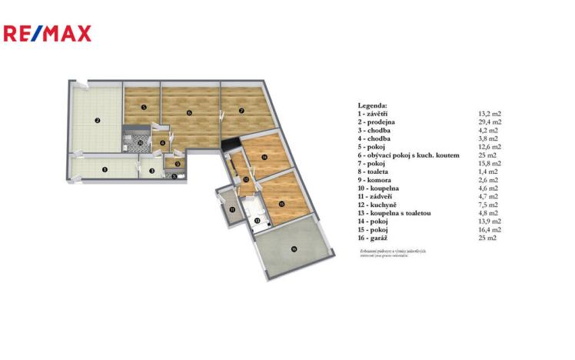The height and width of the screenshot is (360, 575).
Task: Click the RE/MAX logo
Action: [48, 33]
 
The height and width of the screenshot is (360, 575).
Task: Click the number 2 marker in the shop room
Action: [98, 120]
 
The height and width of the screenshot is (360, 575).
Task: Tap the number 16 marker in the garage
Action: [293, 248]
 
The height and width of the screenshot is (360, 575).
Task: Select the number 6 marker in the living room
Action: [189, 112]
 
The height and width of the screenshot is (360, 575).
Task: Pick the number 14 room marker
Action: [264, 158]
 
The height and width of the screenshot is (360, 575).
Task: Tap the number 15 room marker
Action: [281, 203]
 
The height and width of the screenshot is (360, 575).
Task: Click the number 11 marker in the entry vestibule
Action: [231, 209]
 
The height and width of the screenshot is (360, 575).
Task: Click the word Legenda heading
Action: [373, 105]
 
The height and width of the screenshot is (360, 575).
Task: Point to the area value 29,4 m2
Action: [490, 122]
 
